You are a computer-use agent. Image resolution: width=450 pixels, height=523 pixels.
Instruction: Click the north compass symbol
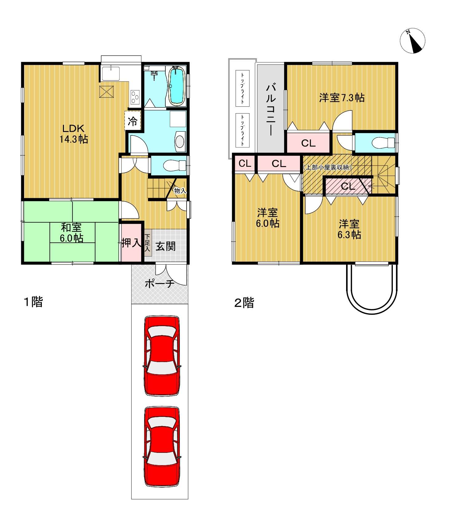412,41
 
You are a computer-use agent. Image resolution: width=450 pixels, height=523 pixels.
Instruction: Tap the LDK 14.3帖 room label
74,134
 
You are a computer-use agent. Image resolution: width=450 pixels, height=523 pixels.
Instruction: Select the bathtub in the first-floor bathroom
176,86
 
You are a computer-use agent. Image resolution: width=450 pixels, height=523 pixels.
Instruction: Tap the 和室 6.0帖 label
71,233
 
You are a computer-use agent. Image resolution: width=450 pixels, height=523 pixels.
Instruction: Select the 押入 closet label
131,243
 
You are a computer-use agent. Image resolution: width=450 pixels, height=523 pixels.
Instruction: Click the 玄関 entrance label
165,246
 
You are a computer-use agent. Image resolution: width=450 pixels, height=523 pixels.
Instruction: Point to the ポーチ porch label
160,283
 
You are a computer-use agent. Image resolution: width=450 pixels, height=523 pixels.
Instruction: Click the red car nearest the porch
162,355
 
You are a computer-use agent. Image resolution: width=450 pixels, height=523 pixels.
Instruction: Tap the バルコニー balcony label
271,109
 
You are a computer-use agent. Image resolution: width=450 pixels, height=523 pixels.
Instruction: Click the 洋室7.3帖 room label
342,98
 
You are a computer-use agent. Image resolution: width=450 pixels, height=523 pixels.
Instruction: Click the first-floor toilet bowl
175,166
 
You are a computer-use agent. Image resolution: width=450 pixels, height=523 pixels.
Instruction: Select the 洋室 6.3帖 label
349,229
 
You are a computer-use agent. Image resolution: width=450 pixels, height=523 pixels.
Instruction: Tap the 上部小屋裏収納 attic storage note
327,168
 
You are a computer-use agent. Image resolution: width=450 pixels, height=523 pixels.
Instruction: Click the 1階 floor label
34,302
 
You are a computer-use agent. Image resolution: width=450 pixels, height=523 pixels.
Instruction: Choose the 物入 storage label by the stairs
180,191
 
